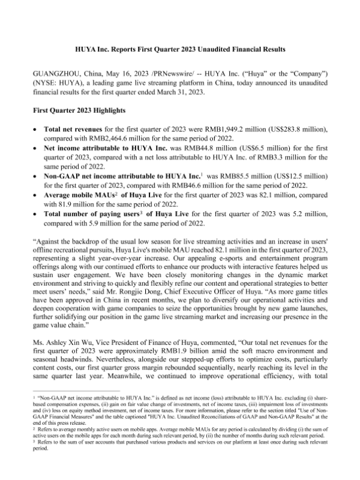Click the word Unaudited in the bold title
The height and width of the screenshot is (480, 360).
tap(231, 47)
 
